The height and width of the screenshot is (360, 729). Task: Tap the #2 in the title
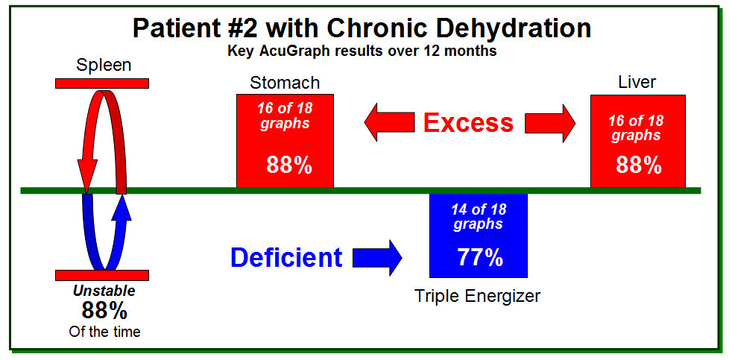tap(243, 28)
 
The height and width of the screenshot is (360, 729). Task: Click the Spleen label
tap(104, 65)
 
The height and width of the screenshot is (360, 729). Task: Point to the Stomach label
tap(285, 83)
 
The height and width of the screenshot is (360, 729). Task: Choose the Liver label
tap(637, 82)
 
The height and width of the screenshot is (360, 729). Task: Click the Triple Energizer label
tap(478, 296)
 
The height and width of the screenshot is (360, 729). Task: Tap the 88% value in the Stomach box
tap(288, 165)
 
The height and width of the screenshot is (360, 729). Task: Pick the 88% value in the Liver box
tap(639, 165)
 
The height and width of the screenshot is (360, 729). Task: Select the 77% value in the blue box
tap(480, 257)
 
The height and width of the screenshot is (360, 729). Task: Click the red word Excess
tap(469, 123)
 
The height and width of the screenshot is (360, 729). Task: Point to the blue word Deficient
tap(286, 256)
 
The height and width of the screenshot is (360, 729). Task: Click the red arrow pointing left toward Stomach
tap(389, 123)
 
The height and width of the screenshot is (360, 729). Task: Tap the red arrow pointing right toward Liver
tap(550, 123)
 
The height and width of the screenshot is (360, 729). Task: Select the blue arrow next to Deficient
tap(377, 257)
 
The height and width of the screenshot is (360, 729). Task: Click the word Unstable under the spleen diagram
tap(104, 291)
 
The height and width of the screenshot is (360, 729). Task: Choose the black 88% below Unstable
tap(104, 310)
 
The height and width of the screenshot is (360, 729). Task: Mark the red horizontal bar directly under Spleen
tap(102, 83)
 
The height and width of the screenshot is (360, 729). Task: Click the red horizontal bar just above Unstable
tap(102, 275)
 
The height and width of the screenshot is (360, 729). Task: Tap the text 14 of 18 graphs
tap(479, 216)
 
